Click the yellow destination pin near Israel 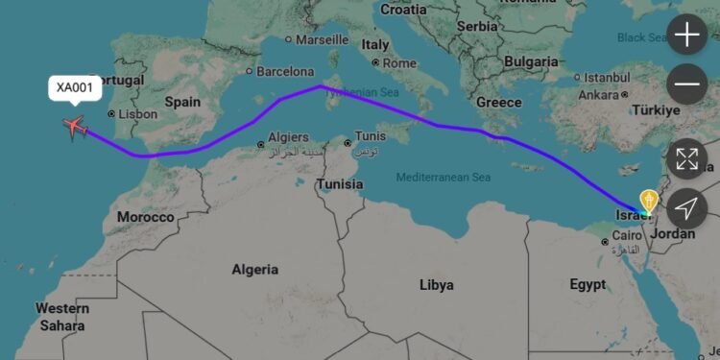(x=649, y=200)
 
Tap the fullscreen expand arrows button (x=687, y=159)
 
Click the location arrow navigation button (x=687, y=207)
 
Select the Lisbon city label (x=137, y=113)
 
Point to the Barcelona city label (x=284, y=71)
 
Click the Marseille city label (x=322, y=40)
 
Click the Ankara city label (x=598, y=95)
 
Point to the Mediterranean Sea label (x=444, y=178)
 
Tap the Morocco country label (x=146, y=217)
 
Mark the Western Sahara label (x=62, y=317)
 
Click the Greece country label (x=498, y=102)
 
